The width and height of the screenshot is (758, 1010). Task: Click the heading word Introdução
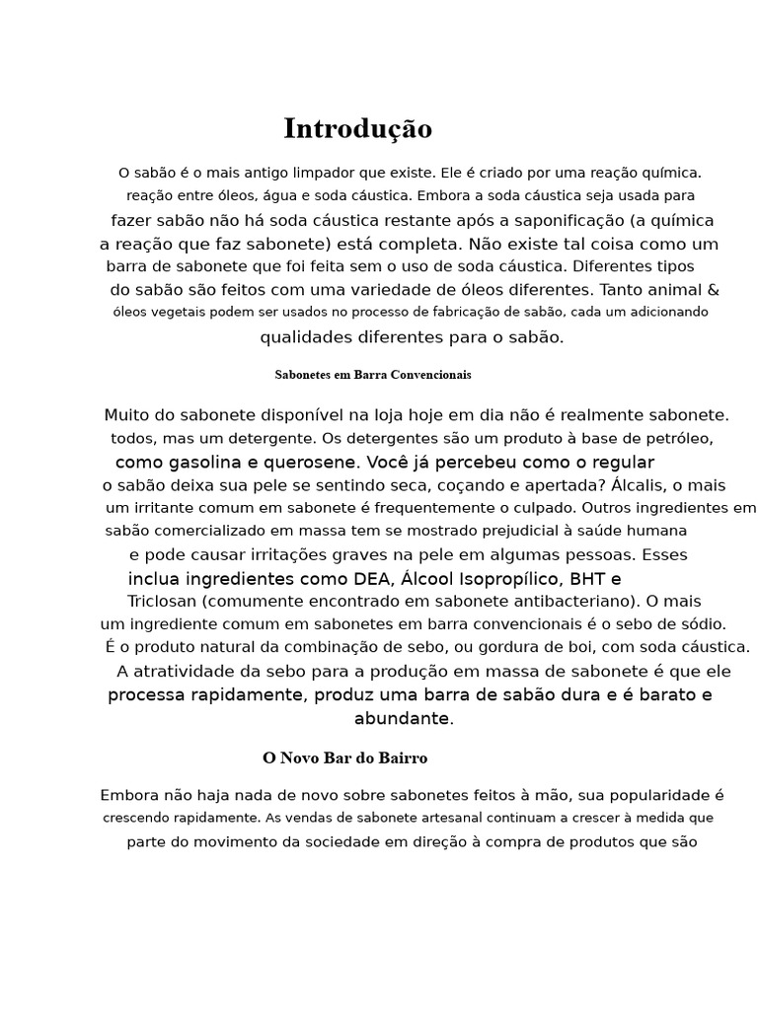coord(357,129)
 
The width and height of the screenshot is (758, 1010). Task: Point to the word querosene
coord(315,463)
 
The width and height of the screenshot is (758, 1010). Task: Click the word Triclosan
coord(162,602)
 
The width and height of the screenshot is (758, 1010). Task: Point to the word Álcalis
coord(640,485)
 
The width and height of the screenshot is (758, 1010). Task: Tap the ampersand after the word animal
coord(714,290)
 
